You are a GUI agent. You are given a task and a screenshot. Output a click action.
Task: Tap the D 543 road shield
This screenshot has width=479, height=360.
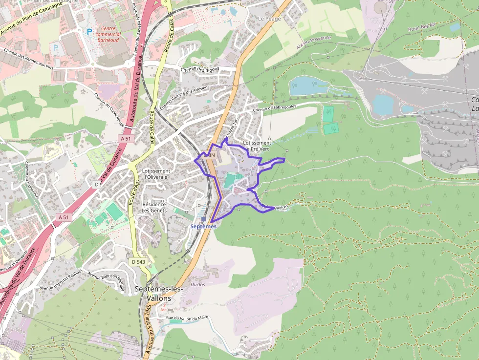pos(138,262)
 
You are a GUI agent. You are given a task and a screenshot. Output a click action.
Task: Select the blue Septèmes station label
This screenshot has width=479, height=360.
pos(203,226)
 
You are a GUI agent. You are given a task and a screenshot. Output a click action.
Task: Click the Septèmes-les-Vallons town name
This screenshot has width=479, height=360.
pos(158,293)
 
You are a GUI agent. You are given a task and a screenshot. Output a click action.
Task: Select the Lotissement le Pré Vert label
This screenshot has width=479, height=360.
pos(257,146)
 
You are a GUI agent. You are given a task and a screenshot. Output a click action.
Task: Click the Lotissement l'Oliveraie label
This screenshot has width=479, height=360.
pos(156,174)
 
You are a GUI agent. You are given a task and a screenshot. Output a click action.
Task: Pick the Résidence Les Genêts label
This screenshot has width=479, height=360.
pos(154,207)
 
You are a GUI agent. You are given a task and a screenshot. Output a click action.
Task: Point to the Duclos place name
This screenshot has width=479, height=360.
pos(198,284)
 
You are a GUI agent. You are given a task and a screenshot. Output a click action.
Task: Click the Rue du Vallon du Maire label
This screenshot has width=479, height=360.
pos(187,318)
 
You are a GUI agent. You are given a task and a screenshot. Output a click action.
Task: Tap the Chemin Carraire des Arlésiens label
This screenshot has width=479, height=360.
pos(184,97)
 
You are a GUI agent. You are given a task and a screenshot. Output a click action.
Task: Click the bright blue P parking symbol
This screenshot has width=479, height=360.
pos(89,31)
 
